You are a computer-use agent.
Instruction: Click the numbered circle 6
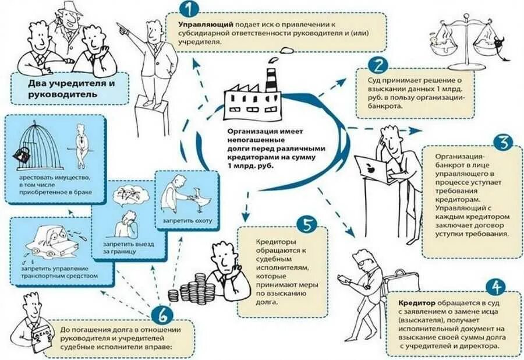(x=164, y=315)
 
